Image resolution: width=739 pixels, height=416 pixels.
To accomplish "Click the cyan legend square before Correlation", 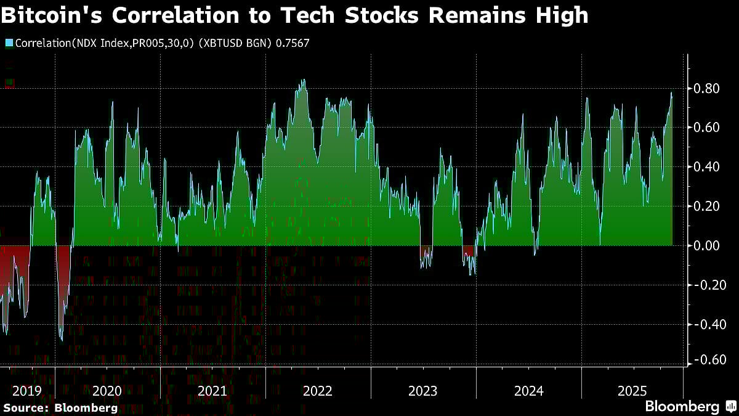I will pyautogui.click(x=9, y=43).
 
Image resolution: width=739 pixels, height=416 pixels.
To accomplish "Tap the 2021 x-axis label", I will pyautogui.click(x=212, y=391).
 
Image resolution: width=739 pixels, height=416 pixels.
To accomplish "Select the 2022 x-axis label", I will pyautogui.click(x=318, y=391).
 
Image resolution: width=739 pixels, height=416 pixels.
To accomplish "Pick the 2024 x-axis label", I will pyautogui.click(x=528, y=391).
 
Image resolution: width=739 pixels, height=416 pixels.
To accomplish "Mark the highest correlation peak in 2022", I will pyautogui.click(x=302, y=80).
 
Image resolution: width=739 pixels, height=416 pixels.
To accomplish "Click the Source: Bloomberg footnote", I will pyautogui.click(x=60, y=407).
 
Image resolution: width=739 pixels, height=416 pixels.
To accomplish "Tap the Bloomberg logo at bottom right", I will pyautogui.click(x=690, y=407).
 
